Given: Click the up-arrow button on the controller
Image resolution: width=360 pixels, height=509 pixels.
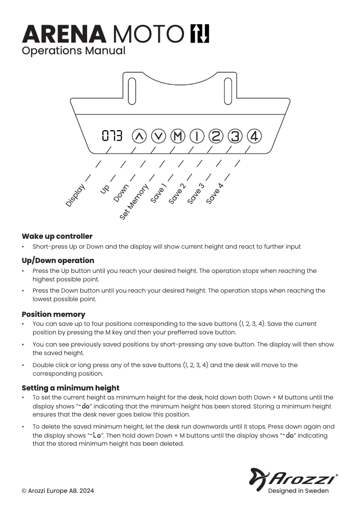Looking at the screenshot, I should (x=140, y=136).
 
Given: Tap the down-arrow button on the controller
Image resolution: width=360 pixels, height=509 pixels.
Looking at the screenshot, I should (x=158, y=136).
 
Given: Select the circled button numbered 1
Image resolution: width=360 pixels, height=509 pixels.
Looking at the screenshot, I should (x=197, y=136).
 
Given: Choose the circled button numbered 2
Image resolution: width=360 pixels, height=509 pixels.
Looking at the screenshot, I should (x=216, y=136).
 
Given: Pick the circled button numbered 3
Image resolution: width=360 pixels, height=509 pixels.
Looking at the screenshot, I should (x=235, y=136).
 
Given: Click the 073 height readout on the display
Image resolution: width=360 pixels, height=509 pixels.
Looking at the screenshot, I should (x=112, y=136).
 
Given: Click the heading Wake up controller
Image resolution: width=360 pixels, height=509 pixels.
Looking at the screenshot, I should (x=57, y=236).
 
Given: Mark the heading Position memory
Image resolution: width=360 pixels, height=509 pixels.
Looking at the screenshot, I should (x=53, y=314).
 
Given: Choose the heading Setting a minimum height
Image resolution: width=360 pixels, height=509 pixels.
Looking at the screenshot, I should (x=70, y=388).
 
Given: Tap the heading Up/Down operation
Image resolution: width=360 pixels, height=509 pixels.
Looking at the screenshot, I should (x=58, y=260).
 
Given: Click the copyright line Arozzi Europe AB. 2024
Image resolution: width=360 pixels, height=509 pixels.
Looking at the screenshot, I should (x=58, y=491).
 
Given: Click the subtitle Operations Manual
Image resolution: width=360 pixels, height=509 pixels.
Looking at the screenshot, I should (x=74, y=51).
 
